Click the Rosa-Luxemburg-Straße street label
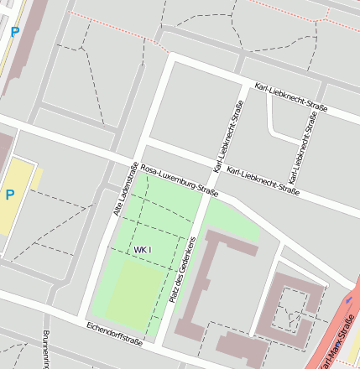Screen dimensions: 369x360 [179, 180]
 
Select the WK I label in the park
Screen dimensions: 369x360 [142, 250]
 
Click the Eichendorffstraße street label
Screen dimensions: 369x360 [114, 333]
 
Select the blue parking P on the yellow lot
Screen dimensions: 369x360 [10, 195]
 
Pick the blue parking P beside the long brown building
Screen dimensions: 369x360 [14, 32]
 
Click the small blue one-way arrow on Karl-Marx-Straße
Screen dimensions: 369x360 [349, 299]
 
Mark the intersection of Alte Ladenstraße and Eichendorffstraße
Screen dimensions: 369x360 [82, 316]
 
